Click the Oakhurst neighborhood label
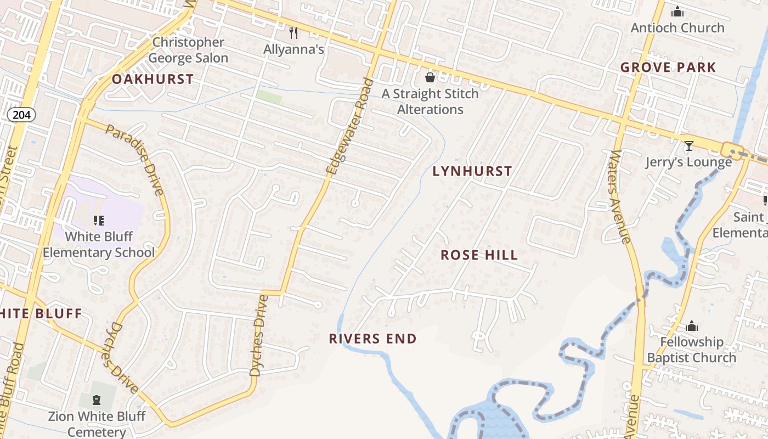[x=153, y=79]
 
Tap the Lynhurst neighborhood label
[x=472, y=171]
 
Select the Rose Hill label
[x=479, y=255]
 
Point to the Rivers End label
[x=372, y=339]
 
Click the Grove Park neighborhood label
[x=668, y=67]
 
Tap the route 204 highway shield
[x=21, y=115]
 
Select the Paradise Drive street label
[x=135, y=160]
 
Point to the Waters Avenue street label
[x=618, y=196]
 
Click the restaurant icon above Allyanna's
[x=293, y=33]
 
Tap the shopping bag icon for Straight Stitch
[x=430, y=77]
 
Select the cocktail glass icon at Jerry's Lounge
[x=688, y=146]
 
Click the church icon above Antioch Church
[x=677, y=12]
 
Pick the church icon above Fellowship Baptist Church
[x=691, y=326]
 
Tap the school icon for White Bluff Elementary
[x=99, y=221]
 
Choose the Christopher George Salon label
[x=188, y=50]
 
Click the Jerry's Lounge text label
[x=688, y=162]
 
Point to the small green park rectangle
[x=269, y=97]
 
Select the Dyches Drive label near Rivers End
[x=258, y=335]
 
